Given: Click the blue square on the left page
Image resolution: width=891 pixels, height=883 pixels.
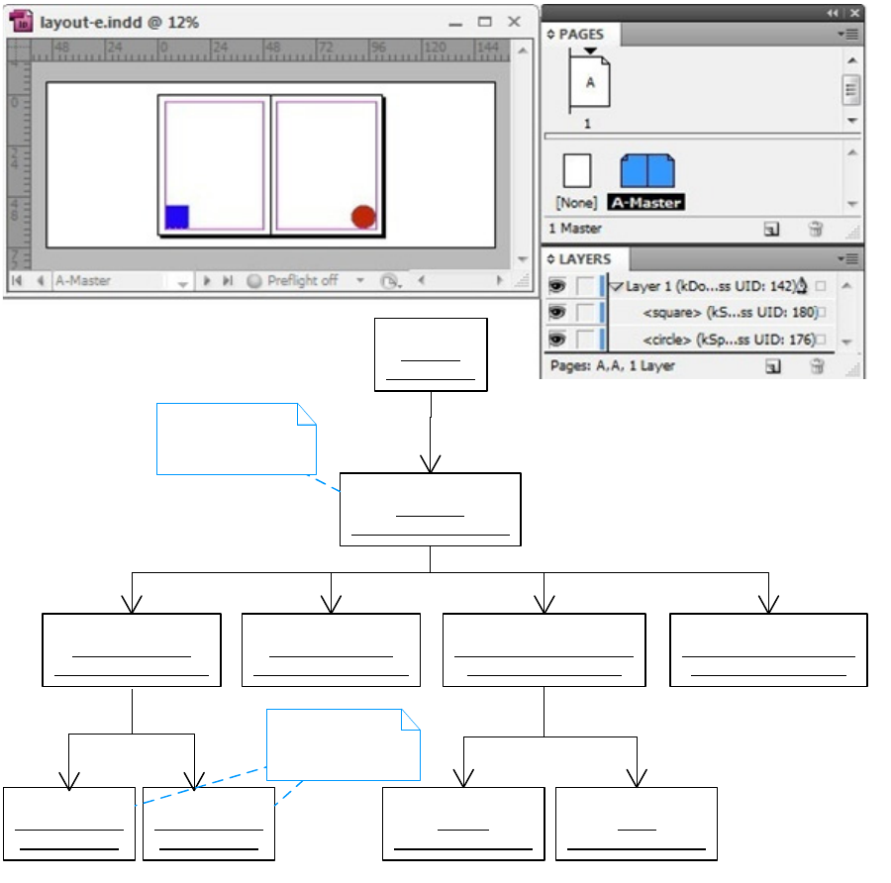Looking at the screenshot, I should tap(177, 217).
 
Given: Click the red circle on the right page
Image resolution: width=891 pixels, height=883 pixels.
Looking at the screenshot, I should tap(363, 217).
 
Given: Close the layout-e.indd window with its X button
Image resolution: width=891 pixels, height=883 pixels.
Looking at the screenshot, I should tap(514, 21).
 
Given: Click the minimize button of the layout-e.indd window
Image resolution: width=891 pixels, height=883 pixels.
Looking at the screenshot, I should tap(456, 21).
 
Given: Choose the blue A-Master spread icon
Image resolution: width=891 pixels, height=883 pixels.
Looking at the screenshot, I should tap(646, 172).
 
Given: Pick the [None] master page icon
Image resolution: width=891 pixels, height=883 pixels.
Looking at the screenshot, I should tap(576, 171).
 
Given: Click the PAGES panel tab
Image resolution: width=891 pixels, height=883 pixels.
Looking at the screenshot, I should tap(580, 34).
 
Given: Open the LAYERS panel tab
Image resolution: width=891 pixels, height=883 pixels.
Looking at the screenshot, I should tap(584, 259).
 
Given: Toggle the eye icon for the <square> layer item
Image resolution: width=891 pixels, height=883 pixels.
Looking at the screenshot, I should tap(556, 313).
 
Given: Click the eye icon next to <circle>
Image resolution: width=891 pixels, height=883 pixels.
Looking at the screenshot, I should tap(556, 340).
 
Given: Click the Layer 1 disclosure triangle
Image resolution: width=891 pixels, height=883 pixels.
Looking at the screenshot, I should tap(617, 286).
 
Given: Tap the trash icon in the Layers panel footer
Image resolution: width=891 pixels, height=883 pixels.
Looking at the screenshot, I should tap(816, 366).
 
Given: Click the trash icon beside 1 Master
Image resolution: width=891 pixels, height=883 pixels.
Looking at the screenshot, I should tap(816, 229).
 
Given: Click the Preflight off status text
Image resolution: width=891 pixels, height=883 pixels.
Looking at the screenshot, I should tap(301, 281).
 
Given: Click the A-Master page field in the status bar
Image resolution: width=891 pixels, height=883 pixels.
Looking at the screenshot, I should tap(109, 281).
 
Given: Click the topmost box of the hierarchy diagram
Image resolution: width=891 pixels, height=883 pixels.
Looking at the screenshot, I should tap(431, 354).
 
